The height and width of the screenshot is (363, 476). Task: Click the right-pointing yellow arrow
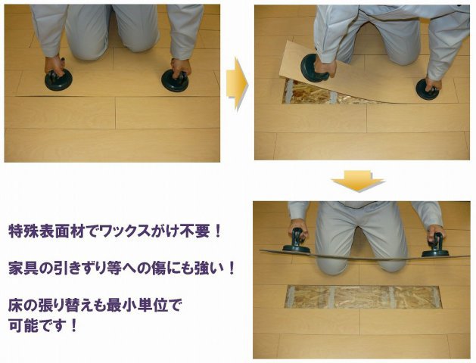tap(236, 82)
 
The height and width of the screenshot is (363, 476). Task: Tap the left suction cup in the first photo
tap(57, 79)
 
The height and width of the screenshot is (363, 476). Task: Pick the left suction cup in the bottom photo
tap(296, 244)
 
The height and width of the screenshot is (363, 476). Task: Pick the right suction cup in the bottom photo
tap(435, 246)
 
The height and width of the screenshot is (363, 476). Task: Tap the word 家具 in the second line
tap(23, 268)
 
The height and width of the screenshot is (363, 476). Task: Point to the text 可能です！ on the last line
tap(45, 329)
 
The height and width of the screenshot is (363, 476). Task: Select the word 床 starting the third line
tap(15, 306)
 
